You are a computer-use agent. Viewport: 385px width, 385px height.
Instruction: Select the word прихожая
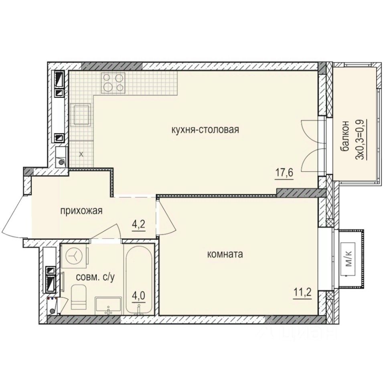tap(82, 211)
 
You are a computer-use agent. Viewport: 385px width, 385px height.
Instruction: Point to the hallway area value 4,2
tap(138, 224)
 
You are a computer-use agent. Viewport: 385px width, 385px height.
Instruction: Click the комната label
tap(226, 254)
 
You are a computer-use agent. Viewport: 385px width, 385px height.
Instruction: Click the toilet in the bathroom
tap(79, 297)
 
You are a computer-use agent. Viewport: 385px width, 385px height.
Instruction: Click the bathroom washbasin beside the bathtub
tap(108, 305)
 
